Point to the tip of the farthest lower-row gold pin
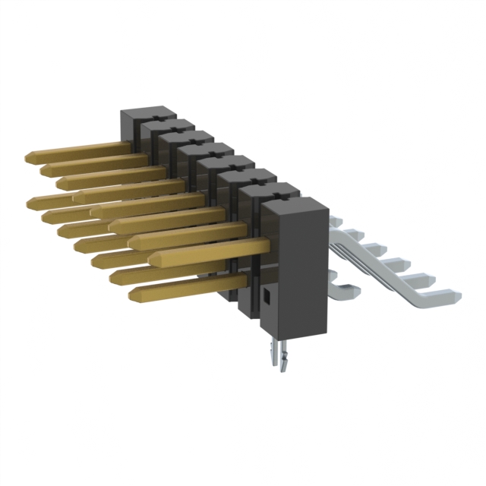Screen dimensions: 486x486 30,202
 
